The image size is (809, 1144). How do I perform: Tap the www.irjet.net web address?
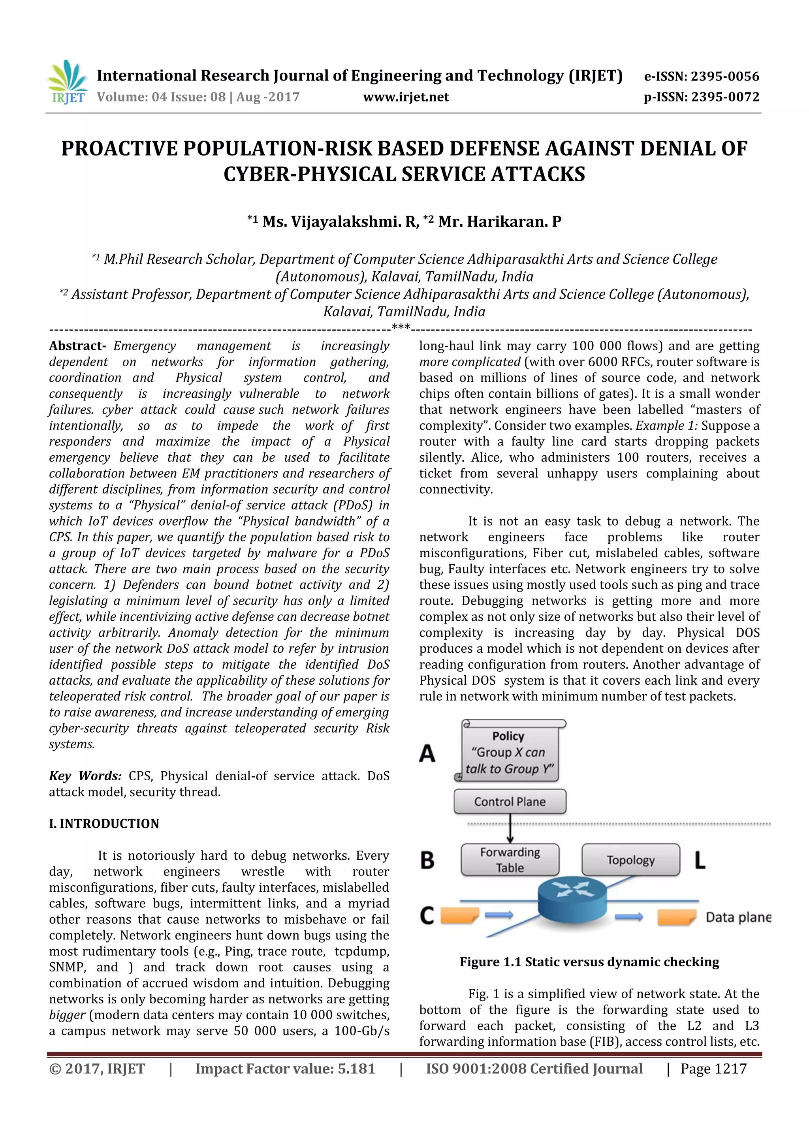pyautogui.click(x=406, y=97)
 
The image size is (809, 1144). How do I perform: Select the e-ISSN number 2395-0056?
pyautogui.click(x=701, y=76)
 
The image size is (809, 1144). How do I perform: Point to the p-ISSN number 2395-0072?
pyautogui.click(x=701, y=97)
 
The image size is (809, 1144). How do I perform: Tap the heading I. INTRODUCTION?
pyautogui.click(x=104, y=824)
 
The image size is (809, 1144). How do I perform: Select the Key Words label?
pyautogui.click(x=85, y=776)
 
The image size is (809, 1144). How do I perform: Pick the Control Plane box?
pyautogui.click(x=510, y=802)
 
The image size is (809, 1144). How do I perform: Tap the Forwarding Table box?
pyautogui.click(x=510, y=860)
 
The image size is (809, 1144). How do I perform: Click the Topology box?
pyautogui.click(x=630, y=860)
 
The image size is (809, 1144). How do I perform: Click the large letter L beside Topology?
pyautogui.click(x=700, y=860)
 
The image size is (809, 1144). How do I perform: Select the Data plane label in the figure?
pyautogui.click(x=738, y=917)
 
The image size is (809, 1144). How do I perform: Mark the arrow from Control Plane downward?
pyautogui.click(x=510, y=828)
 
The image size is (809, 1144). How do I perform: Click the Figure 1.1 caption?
pyautogui.click(x=589, y=962)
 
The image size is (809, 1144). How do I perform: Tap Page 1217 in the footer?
pyautogui.click(x=713, y=1069)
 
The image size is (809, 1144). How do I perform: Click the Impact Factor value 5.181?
pyautogui.click(x=356, y=1069)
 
